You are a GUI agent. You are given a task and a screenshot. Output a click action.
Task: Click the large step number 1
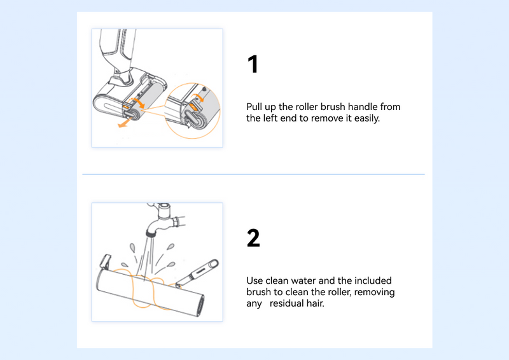tap(253, 64)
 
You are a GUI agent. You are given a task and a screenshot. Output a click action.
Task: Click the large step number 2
tap(253, 238)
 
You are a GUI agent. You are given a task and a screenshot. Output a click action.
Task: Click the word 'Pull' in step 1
tap(255, 107)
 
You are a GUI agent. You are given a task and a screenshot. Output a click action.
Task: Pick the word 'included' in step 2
tap(372, 280)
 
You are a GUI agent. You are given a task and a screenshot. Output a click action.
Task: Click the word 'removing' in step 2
tap(375, 292)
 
